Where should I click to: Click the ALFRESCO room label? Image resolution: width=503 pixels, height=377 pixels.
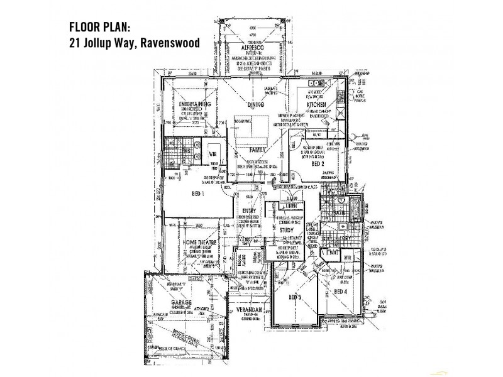pos(250,48)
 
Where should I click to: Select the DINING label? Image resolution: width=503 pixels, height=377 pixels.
pos(255,106)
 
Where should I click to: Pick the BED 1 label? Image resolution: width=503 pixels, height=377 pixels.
pos(197,195)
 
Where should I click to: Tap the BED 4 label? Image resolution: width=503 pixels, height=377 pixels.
pos(341,292)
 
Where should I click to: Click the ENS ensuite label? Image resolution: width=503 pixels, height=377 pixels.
pos(185,151)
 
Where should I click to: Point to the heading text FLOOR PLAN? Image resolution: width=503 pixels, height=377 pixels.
pos(101,28)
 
